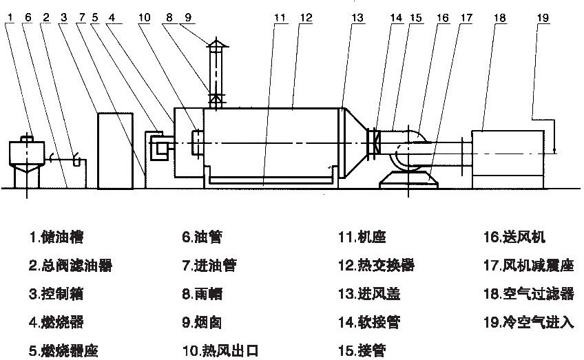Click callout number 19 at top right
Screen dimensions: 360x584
545,17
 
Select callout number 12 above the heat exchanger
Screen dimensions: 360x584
306,17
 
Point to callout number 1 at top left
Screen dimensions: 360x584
8,17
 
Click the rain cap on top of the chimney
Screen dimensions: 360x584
216,46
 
